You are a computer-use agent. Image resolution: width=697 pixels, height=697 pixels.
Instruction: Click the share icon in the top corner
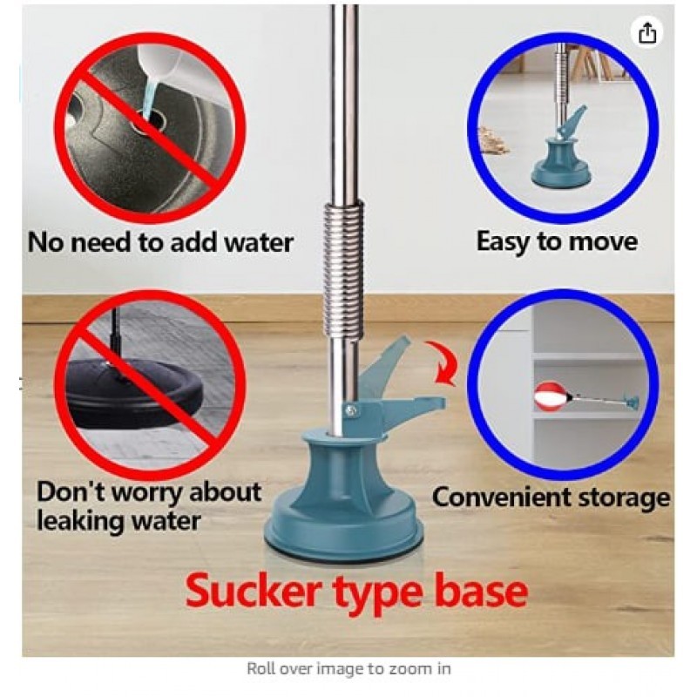coord(647,32)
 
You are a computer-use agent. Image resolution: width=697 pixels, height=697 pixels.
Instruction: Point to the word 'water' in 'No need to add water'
coord(258,243)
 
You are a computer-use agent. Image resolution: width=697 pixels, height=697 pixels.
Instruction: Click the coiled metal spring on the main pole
coord(344,272)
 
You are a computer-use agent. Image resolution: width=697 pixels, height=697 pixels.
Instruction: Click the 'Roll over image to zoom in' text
coord(349,668)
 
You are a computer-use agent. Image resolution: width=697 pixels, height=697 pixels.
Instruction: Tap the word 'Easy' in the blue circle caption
coord(502,243)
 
